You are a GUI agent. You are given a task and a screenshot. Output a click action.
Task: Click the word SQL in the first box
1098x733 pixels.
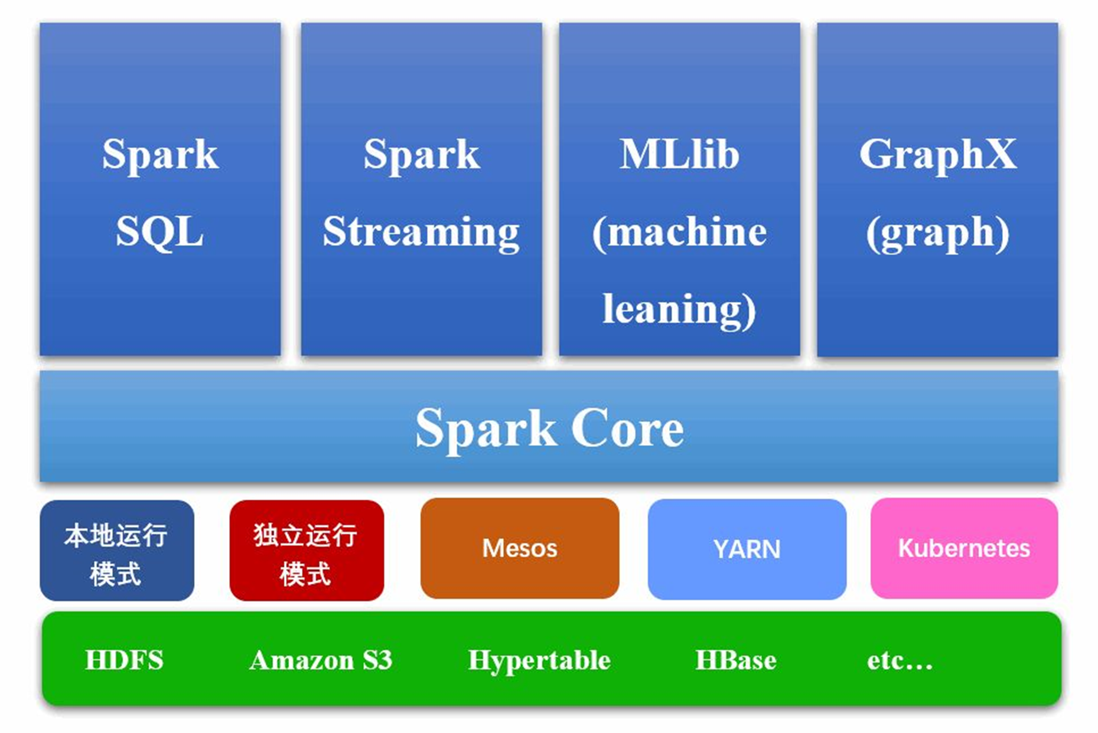click(159, 231)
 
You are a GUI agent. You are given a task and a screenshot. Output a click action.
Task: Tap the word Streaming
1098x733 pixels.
click(421, 233)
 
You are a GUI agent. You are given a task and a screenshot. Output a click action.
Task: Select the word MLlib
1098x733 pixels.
click(679, 155)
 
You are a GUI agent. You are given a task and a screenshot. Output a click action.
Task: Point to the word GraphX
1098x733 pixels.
click(937, 155)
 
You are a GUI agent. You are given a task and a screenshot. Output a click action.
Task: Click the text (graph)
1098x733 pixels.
click(937, 233)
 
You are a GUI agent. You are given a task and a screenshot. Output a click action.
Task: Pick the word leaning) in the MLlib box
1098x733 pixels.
click(679, 309)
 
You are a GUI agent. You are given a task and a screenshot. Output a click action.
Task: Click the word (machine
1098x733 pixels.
click(679, 233)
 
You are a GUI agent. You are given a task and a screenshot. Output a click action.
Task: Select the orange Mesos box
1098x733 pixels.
click(520, 548)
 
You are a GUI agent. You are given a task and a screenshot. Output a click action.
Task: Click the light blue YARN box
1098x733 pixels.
click(747, 549)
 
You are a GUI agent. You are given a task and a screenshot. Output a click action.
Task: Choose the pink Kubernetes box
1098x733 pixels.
click(964, 548)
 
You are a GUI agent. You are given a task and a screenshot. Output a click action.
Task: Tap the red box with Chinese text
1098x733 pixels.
click(307, 551)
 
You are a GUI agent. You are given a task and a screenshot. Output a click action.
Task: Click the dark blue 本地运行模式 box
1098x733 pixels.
click(116, 551)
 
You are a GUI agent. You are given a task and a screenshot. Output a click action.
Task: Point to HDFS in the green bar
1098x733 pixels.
click(124, 660)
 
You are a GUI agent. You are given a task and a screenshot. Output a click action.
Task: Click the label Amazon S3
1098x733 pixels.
click(321, 660)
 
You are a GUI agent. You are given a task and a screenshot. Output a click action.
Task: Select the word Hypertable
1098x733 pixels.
click(539, 660)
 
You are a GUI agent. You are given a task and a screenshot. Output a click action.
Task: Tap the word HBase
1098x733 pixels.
click(735, 660)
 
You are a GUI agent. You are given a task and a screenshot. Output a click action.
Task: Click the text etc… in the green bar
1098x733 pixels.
click(899, 660)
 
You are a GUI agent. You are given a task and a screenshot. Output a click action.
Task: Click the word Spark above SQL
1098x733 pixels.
click(159, 155)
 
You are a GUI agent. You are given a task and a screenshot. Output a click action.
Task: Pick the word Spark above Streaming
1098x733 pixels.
click(421, 155)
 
